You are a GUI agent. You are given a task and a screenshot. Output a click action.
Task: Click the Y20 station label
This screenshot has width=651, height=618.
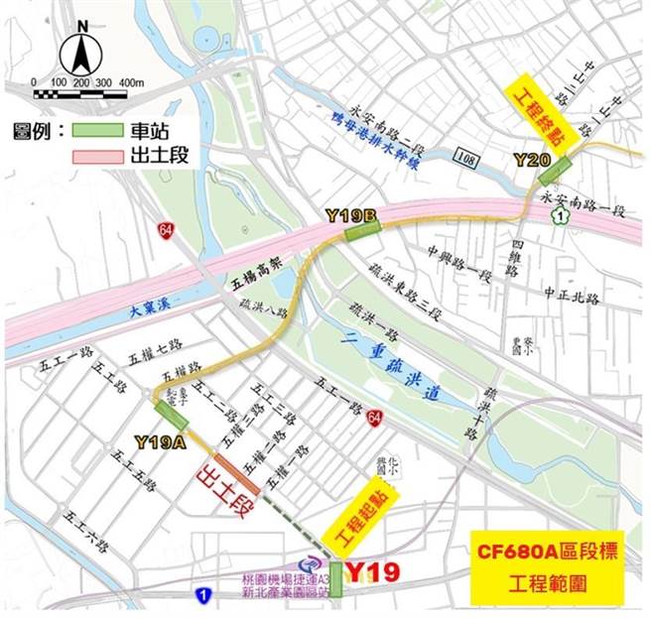531,159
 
